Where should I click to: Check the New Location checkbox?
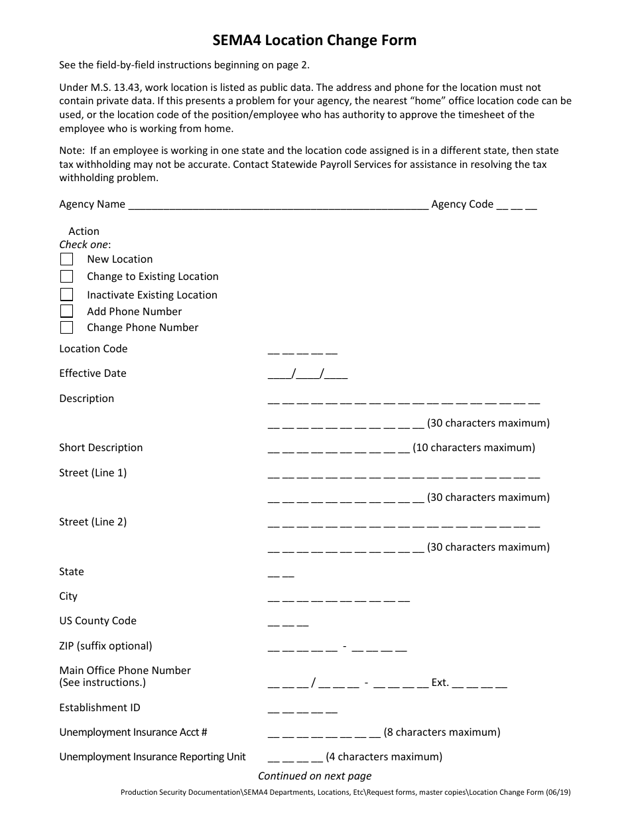pos(66,259)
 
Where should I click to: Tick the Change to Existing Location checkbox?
pos(66,277)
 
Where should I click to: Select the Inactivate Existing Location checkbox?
pos(66,295)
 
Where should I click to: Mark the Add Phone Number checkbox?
pos(66,311)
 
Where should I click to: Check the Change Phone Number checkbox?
pos(66,328)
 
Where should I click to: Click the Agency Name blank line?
pos(278,206)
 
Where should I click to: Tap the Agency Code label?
pos(462,204)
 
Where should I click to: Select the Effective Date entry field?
pos(308,374)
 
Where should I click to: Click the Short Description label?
pos(101,448)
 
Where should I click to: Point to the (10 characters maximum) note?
pos(473,448)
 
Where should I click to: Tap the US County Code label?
pos(97,621)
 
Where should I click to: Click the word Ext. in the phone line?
pos(440,683)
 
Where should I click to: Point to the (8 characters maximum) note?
pos(442,732)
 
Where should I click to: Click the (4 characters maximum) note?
pos(384,757)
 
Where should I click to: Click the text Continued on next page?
pos(314,776)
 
